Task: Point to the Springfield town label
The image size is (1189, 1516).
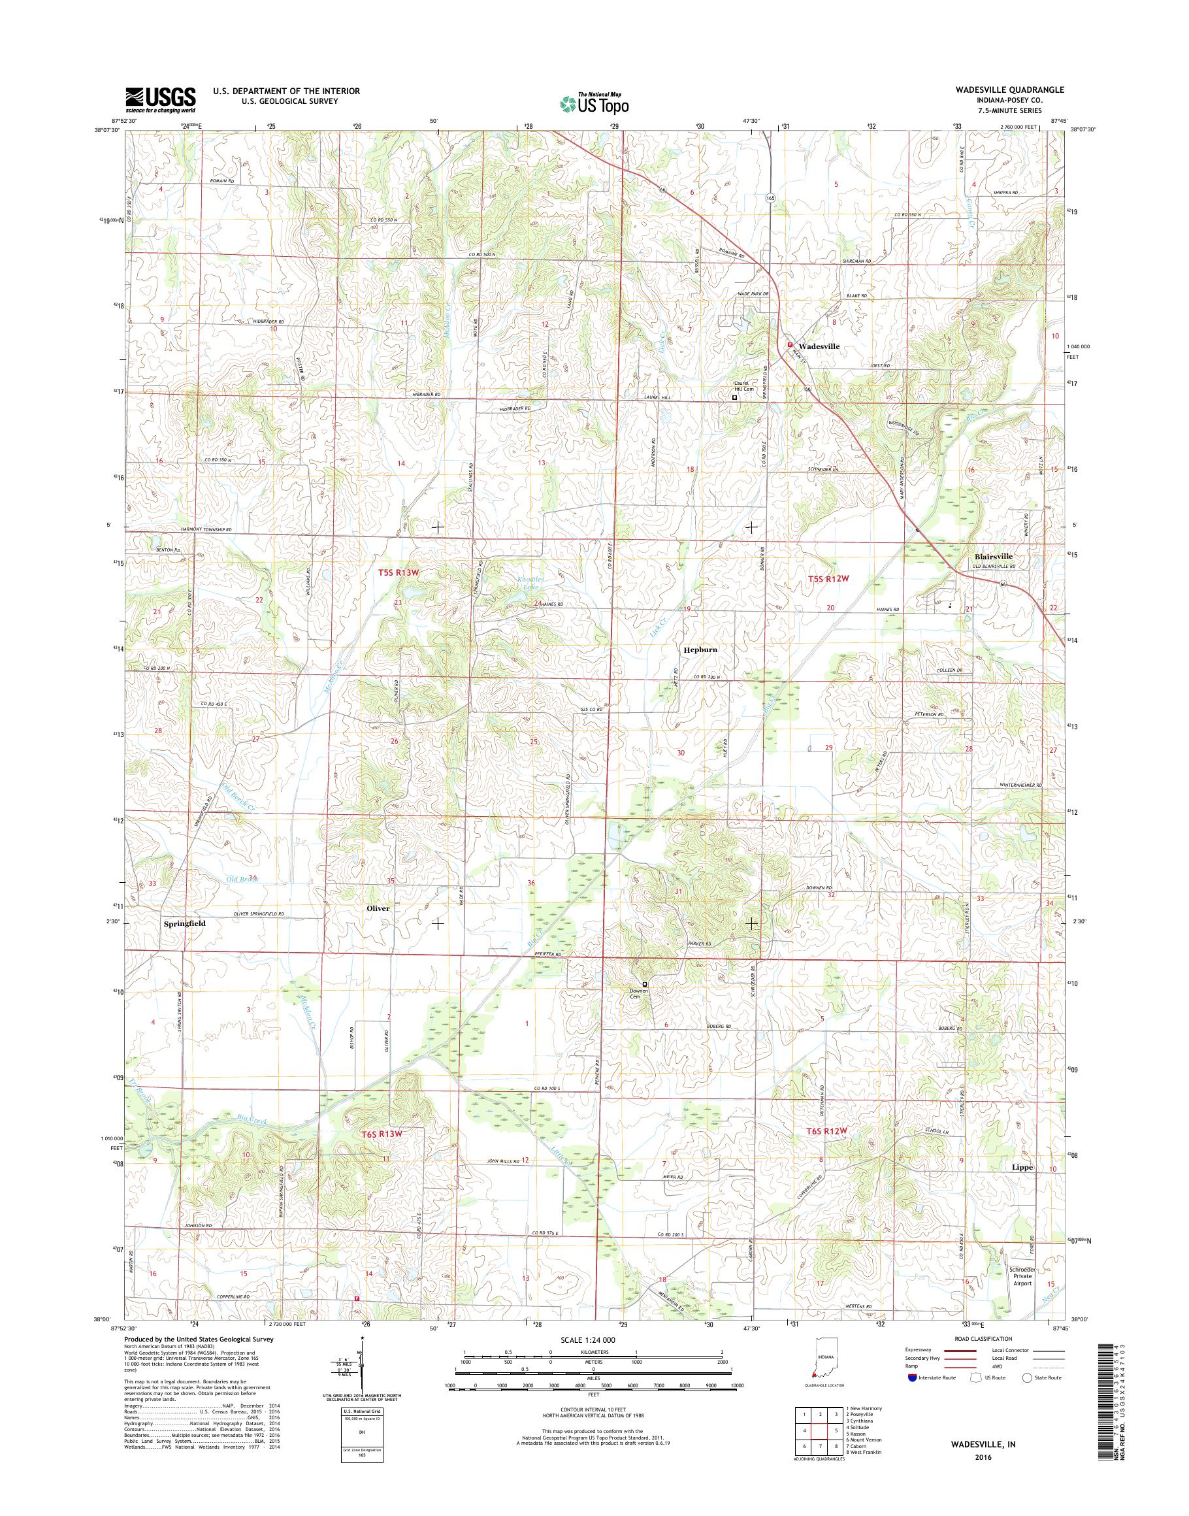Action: coord(184,923)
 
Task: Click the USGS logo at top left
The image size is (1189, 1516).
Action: coord(160,100)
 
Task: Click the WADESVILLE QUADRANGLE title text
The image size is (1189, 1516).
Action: coord(1020,90)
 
